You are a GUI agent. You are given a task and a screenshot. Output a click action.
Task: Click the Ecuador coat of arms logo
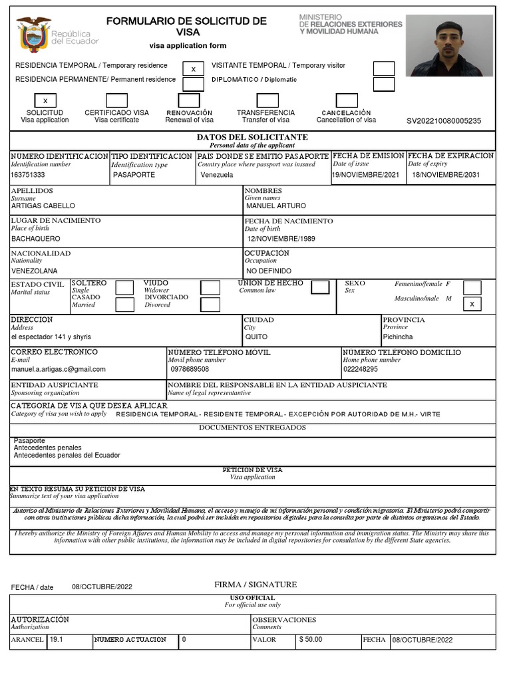point(33,35)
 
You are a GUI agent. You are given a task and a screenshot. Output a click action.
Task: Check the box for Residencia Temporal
point(193,68)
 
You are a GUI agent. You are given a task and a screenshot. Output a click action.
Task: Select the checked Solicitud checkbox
point(45,100)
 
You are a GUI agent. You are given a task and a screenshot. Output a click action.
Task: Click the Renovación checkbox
point(189,100)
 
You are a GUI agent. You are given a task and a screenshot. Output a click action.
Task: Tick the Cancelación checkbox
point(347,100)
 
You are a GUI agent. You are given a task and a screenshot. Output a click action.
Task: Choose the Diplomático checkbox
point(383,84)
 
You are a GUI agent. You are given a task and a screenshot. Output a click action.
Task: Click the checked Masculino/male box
point(472,304)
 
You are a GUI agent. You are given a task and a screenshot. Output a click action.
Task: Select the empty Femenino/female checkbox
point(472,287)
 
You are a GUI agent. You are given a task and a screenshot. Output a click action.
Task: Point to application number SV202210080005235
point(443,121)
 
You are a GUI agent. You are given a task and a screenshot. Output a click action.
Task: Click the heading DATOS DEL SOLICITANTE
point(252,137)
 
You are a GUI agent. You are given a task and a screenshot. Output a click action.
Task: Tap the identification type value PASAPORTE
point(134,175)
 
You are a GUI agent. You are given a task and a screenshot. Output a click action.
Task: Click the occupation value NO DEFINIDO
point(268,271)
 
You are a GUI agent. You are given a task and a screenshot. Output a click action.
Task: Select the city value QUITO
point(256,337)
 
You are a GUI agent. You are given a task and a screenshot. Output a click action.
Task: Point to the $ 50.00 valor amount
point(310,640)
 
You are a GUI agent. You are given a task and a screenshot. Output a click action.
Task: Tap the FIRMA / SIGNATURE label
point(255,585)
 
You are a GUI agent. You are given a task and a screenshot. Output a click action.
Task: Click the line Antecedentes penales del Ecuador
point(67,456)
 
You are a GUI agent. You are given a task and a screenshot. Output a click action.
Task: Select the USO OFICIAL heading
point(252,598)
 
